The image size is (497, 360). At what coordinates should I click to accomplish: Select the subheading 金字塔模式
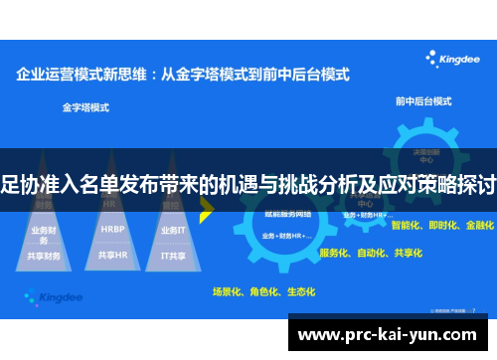(84, 106)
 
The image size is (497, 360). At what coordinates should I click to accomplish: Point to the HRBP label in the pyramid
(112, 228)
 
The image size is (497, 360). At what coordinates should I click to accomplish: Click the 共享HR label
(112, 255)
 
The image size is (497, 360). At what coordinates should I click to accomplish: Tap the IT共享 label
(174, 255)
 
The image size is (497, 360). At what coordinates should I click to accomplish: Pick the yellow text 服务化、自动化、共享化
(370, 253)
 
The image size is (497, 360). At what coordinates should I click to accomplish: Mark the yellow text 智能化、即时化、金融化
(442, 226)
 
